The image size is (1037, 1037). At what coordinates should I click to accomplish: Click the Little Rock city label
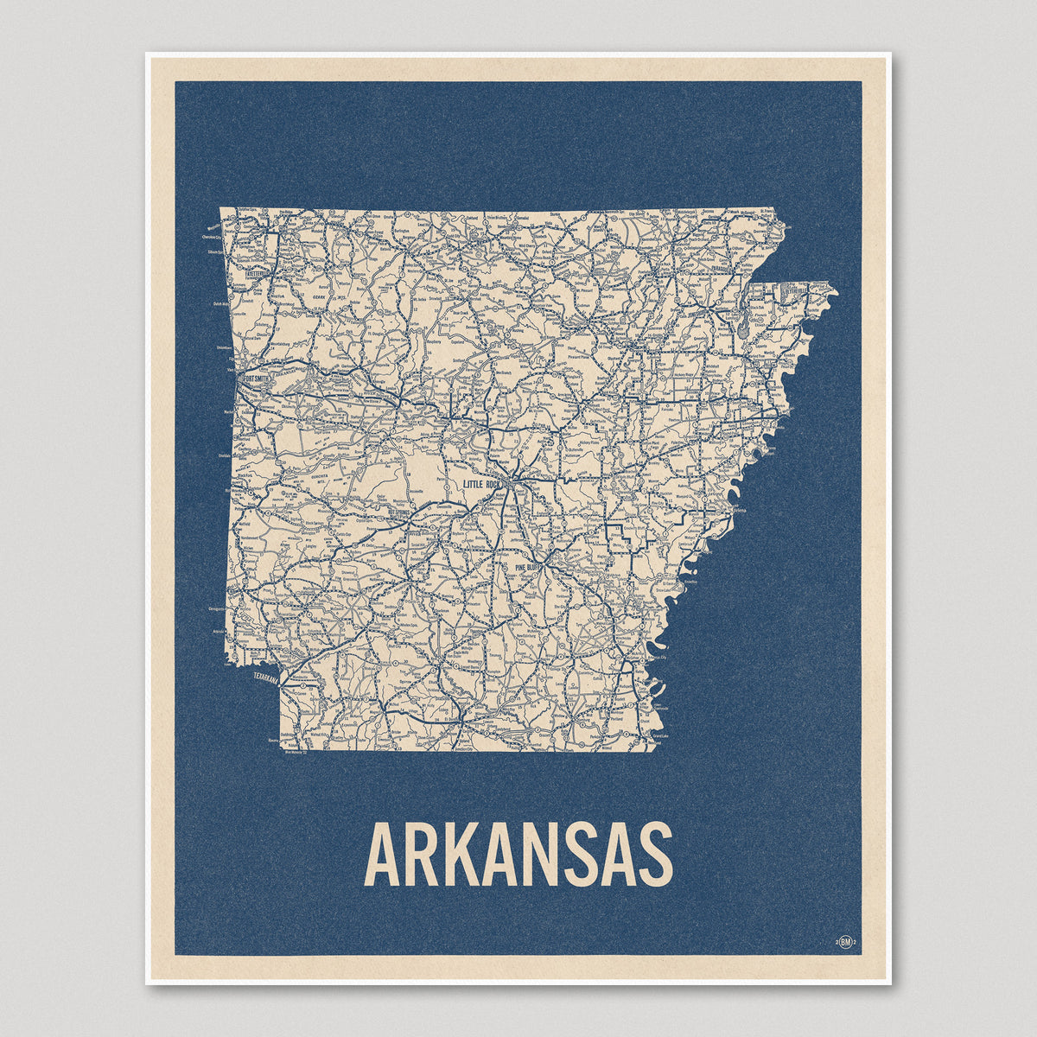(x=482, y=485)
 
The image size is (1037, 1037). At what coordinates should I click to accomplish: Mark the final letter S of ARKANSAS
(x=656, y=856)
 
